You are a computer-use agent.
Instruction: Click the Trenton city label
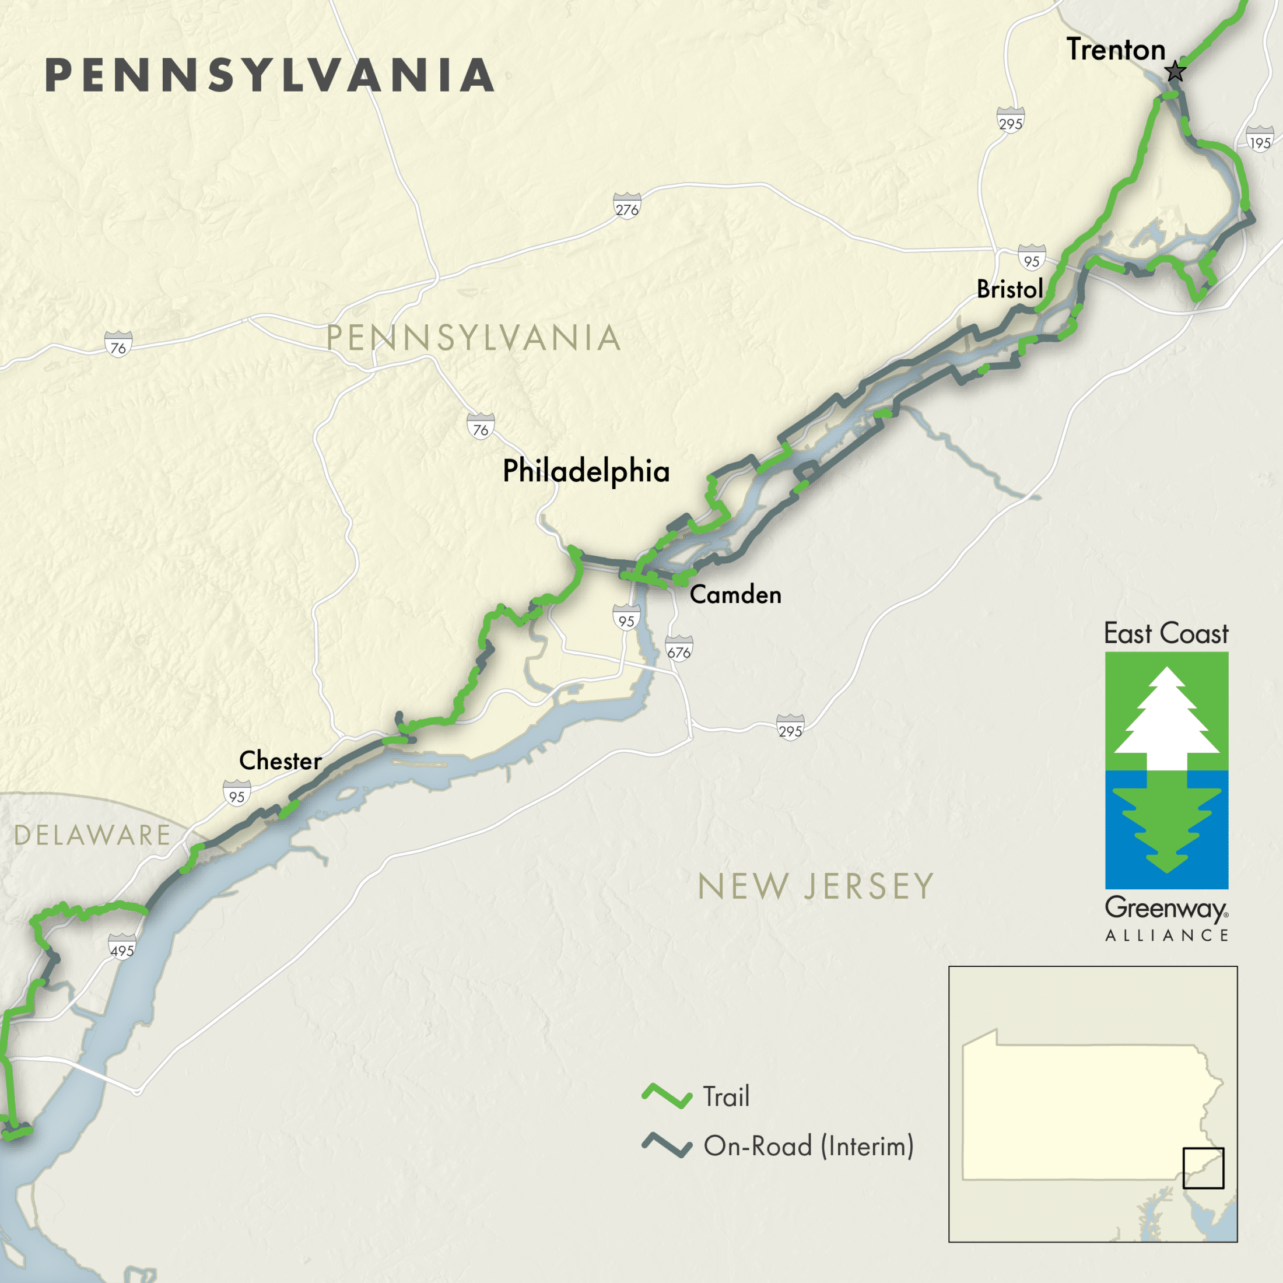(1116, 50)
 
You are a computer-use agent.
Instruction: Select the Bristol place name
(1009, 289)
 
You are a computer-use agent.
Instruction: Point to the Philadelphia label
(586, 471)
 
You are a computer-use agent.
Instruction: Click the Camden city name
(735, 594)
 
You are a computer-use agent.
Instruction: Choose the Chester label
(281, 760)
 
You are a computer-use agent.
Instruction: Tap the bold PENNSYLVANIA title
(269, 75)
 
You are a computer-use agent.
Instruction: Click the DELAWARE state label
(92, 835)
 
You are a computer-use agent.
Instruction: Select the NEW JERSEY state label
(815, 886)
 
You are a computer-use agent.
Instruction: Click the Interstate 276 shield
(627, 206)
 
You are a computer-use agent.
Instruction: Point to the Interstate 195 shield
(1260, 139)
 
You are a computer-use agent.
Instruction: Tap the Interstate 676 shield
(679, 648)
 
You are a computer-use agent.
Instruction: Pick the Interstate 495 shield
(122, 947)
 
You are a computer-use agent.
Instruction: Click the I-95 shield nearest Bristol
(1031, 258)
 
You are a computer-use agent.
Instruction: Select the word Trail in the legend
(726, 1096)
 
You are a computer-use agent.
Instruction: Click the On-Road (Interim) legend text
(808, 1145)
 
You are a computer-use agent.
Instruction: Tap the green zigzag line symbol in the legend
(667, 1096)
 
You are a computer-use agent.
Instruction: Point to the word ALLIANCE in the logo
(1167, 935)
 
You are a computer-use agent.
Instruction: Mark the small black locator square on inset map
(1203, 1168)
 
